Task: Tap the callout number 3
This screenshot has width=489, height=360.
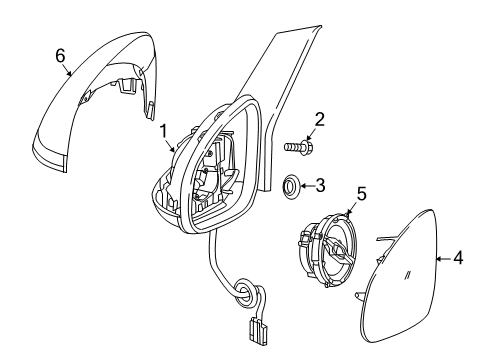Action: (x=320, y=184)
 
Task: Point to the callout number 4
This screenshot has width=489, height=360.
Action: (x=457, y=259)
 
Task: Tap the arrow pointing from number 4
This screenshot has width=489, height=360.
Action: (x=443, y=259)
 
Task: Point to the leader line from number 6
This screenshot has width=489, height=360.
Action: (x=68, y=68)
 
